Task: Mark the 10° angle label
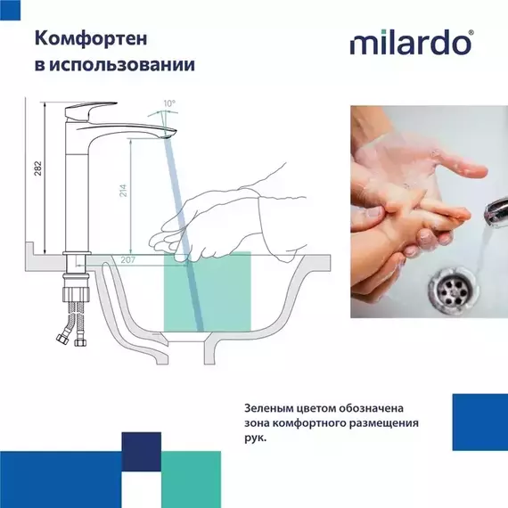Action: [170, 103]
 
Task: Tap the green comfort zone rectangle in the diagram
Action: [207, 294]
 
